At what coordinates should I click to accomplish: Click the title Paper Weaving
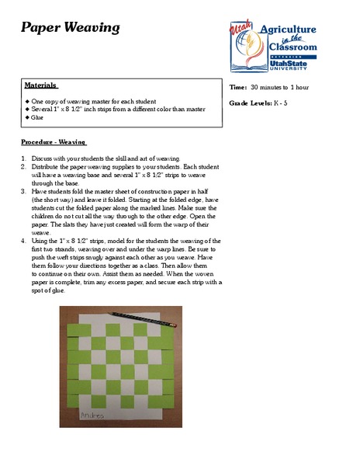point(70,29)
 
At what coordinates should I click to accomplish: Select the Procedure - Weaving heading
point(54,143)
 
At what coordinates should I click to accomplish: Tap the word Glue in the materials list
point(38,118)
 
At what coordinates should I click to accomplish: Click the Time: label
point(237,88)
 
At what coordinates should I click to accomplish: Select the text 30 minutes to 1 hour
point(279,88)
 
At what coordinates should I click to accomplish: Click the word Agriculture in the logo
point(287,30)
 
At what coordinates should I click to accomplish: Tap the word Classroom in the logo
point(292,47)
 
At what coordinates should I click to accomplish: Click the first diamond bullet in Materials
point(27,102)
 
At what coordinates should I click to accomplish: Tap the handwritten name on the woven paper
point(94,416)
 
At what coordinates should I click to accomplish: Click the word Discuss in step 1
point(43,158)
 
